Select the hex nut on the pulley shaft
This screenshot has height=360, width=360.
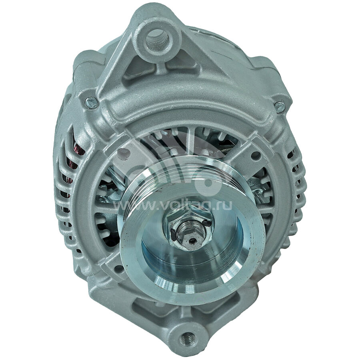tap(187, 225)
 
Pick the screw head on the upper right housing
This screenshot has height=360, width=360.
tap(280, 107)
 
